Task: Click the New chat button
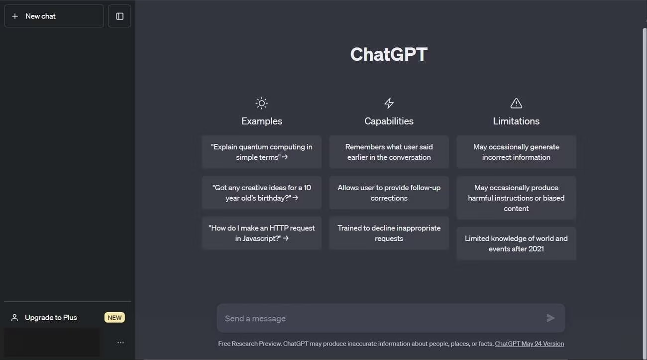(54, 16)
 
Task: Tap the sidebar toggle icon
(119, 16)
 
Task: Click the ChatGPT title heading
(389, 54)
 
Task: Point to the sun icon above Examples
(261, 103)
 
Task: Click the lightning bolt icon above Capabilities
(389, 103)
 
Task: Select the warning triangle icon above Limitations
(516, 103)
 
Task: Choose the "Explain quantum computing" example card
(261, 152)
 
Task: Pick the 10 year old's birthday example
(261, 193)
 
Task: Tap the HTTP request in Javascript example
(261, 233)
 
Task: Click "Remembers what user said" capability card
(389, 152)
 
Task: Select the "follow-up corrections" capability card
(389, 193)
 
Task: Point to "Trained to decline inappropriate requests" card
(389, 233)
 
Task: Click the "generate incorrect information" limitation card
(516, 152)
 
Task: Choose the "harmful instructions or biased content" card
(516, 198)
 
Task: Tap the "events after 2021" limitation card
(516, 243)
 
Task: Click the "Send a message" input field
(381, 318)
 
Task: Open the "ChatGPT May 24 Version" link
(529, 344)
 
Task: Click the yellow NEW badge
(114, 318)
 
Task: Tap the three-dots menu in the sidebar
(120, 343)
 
